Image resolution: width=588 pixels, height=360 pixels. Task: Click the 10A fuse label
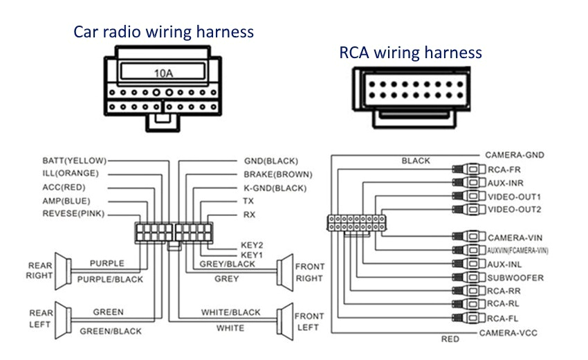point(163,72)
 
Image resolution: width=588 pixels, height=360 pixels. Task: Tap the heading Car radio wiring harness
point(164,32)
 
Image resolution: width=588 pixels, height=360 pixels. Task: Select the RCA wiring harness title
point(410,53)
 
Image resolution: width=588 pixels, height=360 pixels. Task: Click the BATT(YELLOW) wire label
point(74,161)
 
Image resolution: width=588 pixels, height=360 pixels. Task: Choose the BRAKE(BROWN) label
point(277,174)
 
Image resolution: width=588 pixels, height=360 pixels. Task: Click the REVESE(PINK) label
point(73,214)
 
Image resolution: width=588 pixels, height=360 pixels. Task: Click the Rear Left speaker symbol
point(62,320)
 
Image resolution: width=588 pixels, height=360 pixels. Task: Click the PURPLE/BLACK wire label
point(110,280)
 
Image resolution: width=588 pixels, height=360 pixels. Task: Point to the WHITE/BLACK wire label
point(230,313)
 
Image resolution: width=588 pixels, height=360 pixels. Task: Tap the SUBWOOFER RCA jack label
point(515,278)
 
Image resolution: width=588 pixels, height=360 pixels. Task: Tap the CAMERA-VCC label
point(508,334)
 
